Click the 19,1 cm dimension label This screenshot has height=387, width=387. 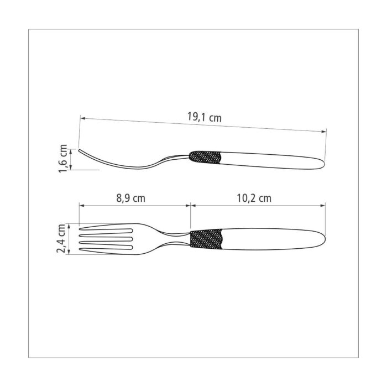pyautogui.click(x=205, y=117)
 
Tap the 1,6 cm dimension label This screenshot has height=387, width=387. pyautogui.click(x=63, y=159)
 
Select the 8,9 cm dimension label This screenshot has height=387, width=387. pyautogui.click(x=131, y=198)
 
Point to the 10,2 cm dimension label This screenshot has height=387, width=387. pyautogui.click(x=254, y=198)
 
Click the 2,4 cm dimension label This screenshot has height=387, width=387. pyautogui.click(x=61, y=239)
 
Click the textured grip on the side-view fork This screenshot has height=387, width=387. pyautogui.click(x=205, y=157)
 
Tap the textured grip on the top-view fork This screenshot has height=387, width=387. pyautogui.click(x=206, y=239)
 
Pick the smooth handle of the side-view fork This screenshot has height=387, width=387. pyautogui.click(x=272, y=161)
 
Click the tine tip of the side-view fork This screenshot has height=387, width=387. pyautogui.click(x=80, y=150)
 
